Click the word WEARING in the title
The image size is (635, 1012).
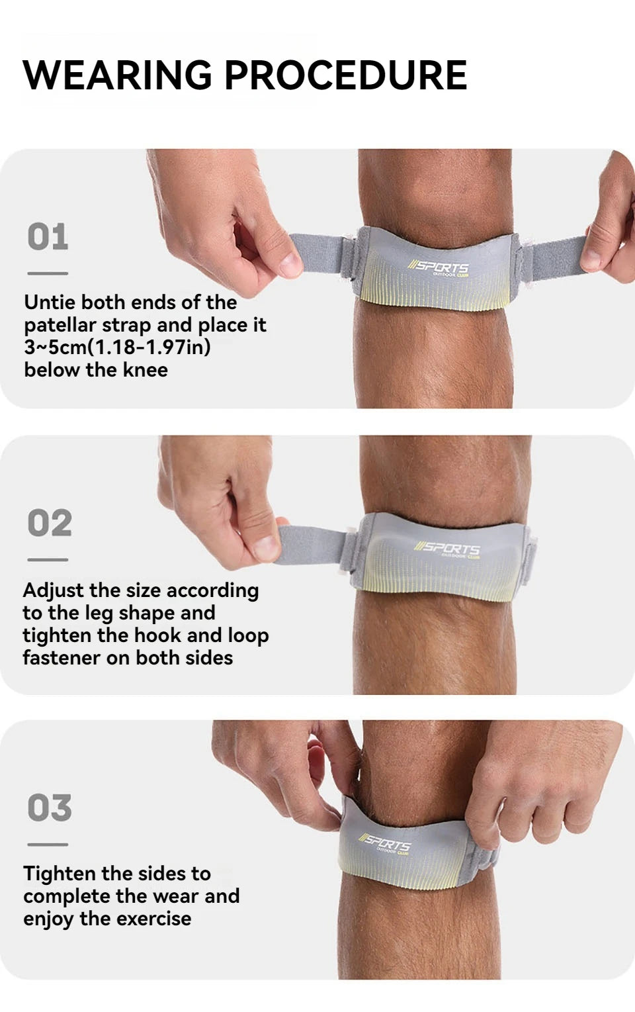pos(117,74)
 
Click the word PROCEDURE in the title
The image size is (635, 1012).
pos(346,74)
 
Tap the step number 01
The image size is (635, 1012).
pos(48,237)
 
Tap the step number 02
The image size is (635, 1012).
pos(50,524)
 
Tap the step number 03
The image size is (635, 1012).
pos(49,808)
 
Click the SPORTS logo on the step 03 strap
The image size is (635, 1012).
pos(385,843)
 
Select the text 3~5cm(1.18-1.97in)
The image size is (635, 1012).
pos(117,347)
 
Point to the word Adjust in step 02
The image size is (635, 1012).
pos(54,590)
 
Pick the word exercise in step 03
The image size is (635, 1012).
pos(153,919)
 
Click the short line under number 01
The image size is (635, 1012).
pos(48,273)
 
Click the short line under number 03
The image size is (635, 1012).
pos(48,845)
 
